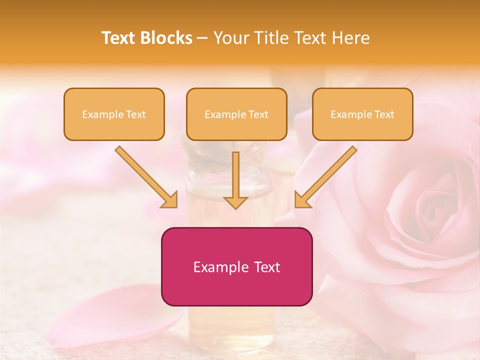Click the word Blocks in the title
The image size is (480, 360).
[x=165, y=38]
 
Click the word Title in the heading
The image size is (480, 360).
[x=268, y=38]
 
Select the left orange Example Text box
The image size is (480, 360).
[x=114, y=114]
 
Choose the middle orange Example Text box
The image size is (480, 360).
[x=236, y=114]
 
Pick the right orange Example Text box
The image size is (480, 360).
[x=362, y=114]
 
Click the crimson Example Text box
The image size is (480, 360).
[x=236, y=266]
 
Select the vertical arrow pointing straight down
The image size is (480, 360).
[x=235, y=180]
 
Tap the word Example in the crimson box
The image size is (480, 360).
[x=220, y=267]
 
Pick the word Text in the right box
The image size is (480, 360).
[x=384, y=114]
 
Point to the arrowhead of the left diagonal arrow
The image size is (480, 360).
[x=170, y=200]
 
